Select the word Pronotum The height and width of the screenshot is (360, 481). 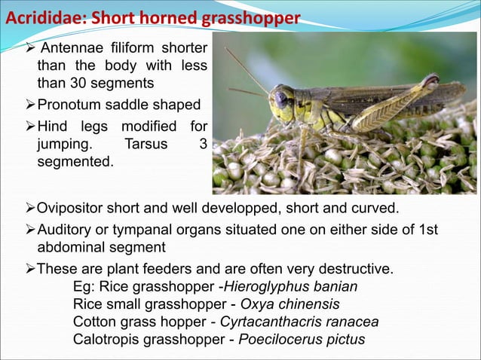(75, 104)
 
